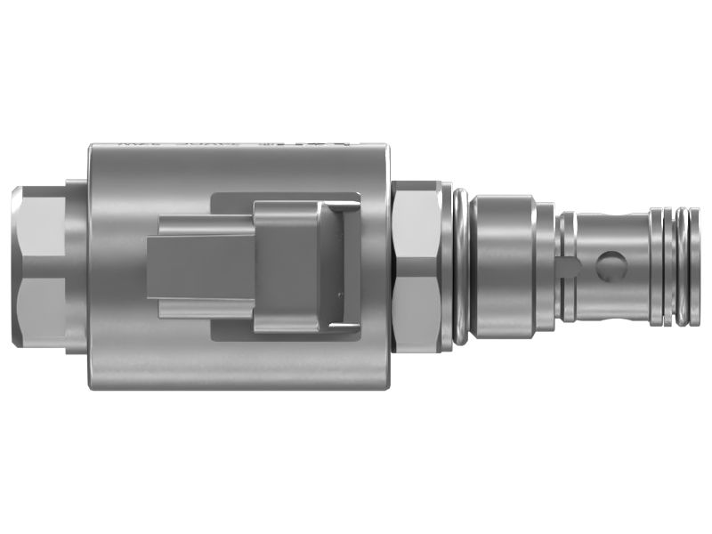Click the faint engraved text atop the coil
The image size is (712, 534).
[231, 142]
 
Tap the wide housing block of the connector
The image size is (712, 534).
[285, 267]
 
